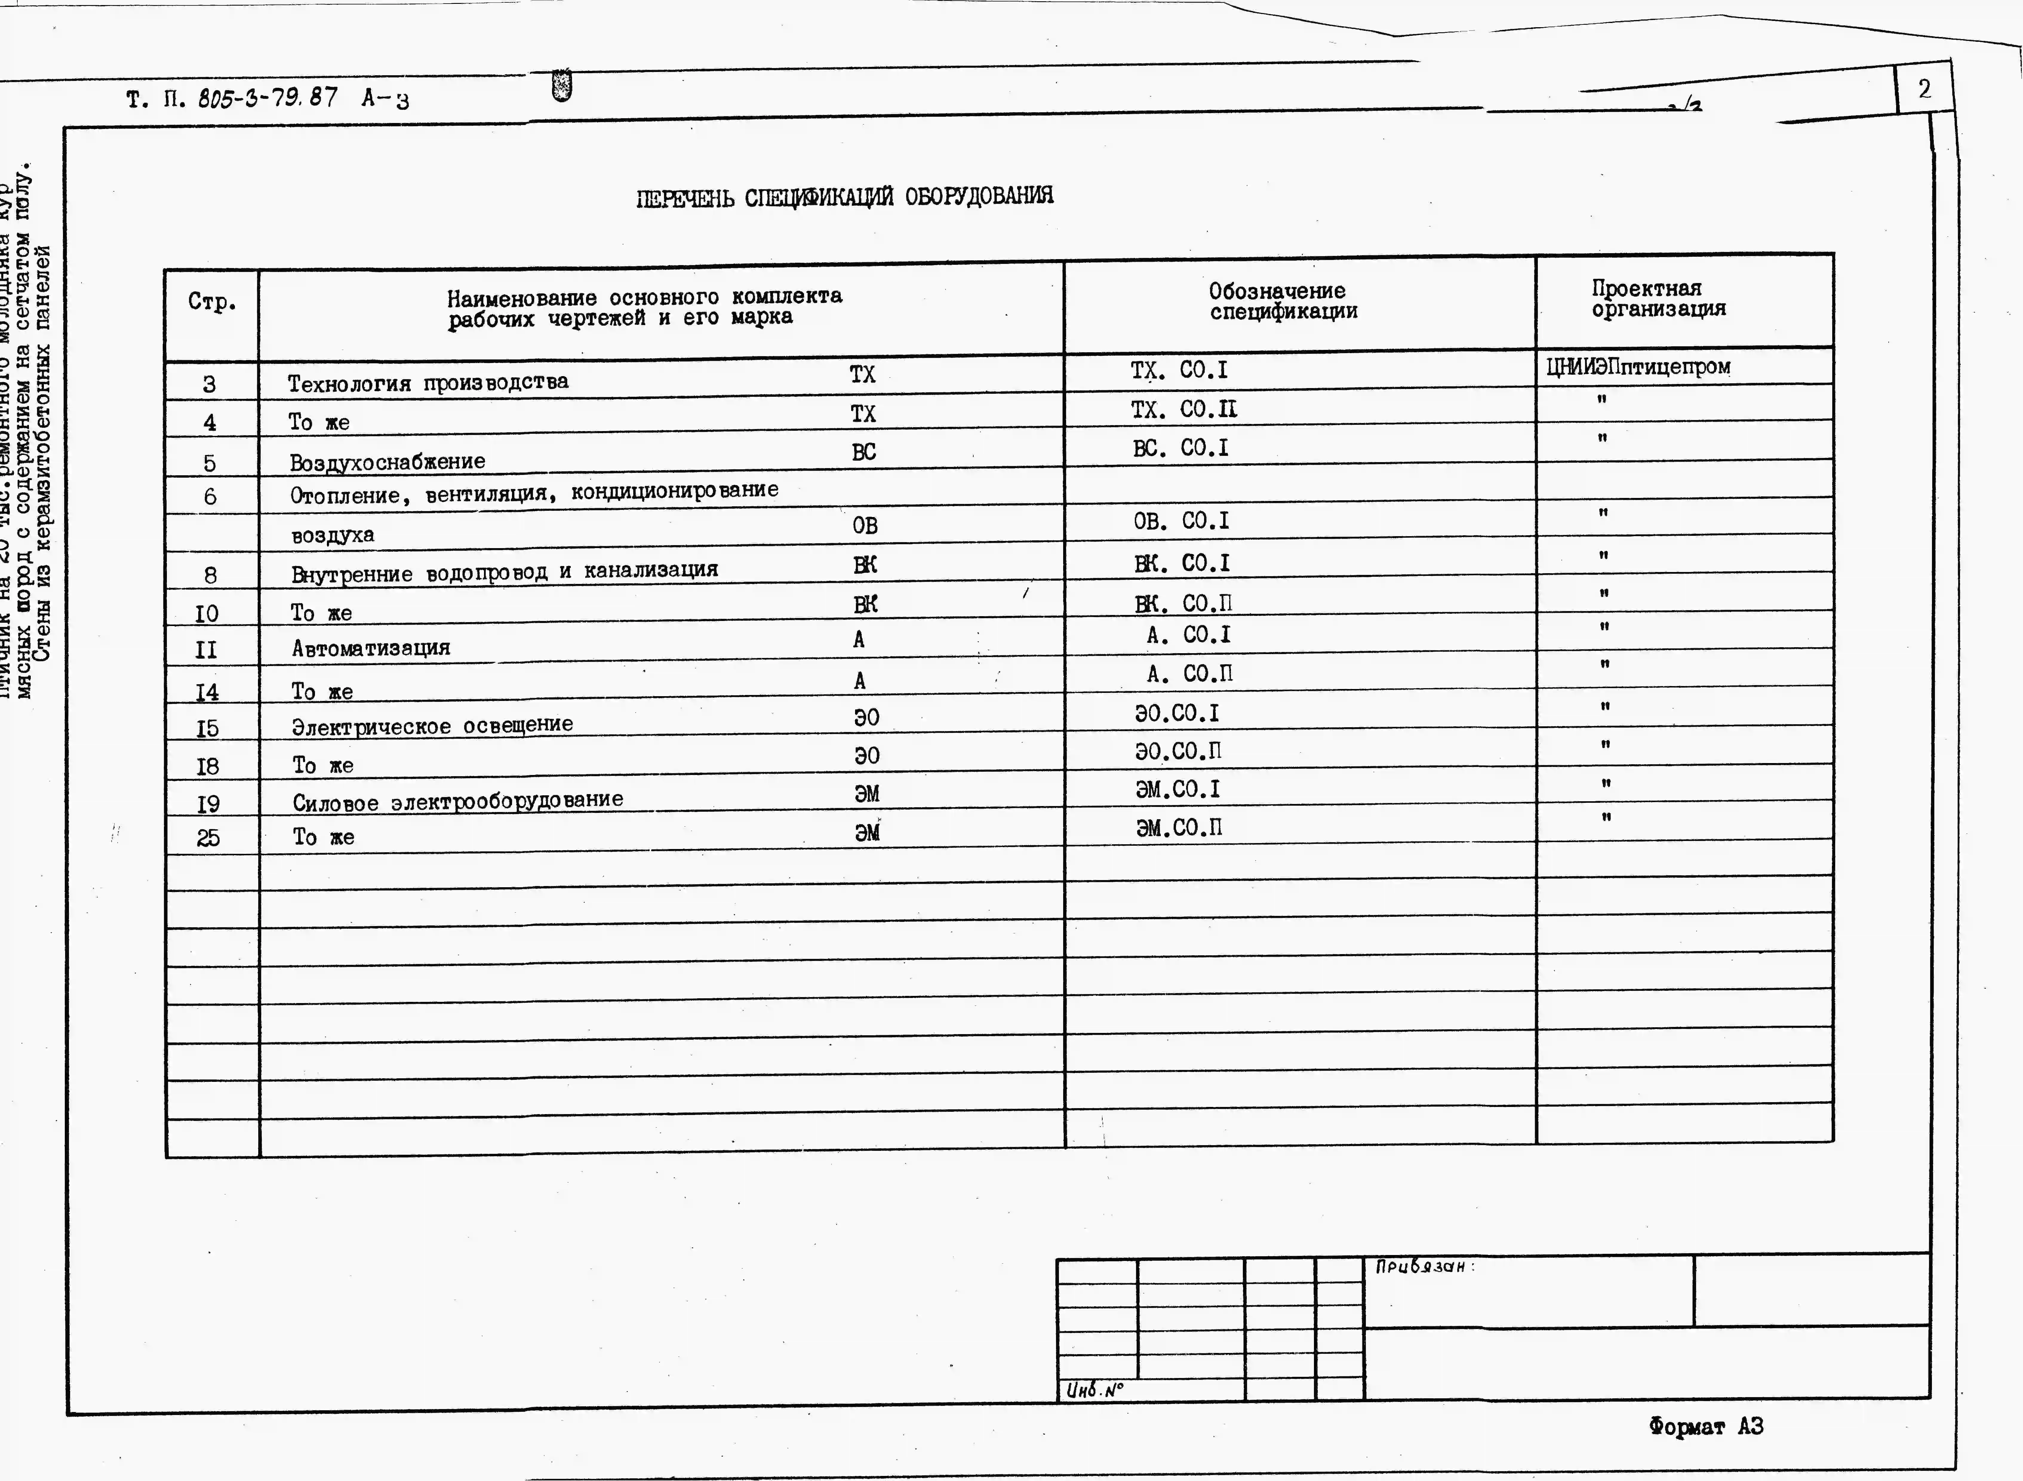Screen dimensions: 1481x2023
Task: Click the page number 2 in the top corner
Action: pyautogui.click(x=1924, y=89)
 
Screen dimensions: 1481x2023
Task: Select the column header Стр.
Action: pyautogui.click(x=213, y=302)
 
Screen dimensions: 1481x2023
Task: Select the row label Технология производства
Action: pyautogui.click(x=428, y=383)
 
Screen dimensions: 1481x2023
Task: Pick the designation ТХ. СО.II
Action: pyautogui.click(x=1183, y=410)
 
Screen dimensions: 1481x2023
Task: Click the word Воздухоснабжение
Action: pyautogui.click(x=387, y=462)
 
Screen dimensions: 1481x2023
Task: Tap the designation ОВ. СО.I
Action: pyautogui.click(x=1181, y=521)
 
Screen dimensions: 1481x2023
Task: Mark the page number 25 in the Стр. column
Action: pyautogui.click(x=208, y=838)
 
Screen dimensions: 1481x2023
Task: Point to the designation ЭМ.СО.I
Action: pyautogui.click(x=1177, y=790)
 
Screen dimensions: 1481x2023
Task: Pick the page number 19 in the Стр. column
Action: pyautogui.click(x=208, y=804)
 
